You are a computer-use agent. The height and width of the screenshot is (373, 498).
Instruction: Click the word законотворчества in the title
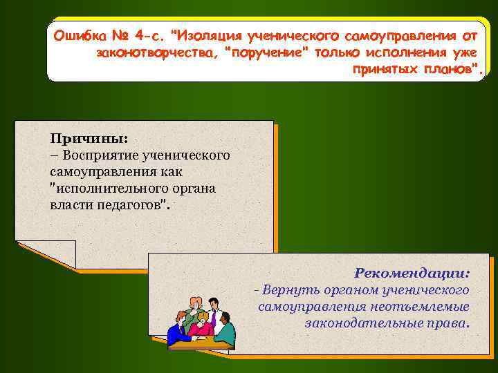156,53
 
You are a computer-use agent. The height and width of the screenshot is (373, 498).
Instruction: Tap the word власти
67,205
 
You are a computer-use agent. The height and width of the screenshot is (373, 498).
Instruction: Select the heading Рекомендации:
412,273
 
